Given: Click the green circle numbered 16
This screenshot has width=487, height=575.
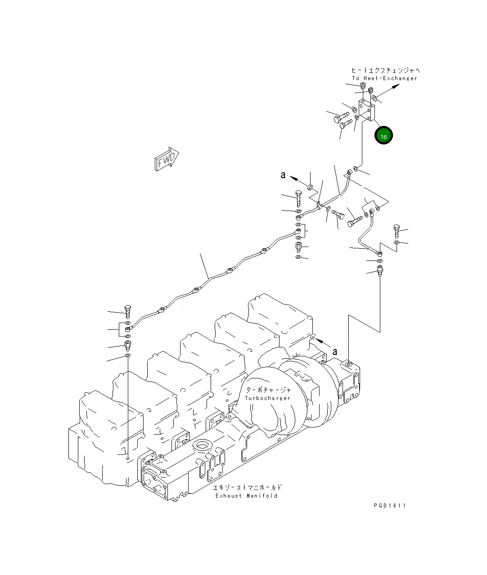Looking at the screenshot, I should tap(383, 136).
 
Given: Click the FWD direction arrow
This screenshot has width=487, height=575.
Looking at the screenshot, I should tap(167, 159).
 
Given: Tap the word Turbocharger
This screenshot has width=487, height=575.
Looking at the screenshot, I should tap(267, 398).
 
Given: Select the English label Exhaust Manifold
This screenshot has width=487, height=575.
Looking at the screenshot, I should tap(246, 496).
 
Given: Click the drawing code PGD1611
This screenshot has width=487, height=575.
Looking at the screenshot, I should tap(389, 506).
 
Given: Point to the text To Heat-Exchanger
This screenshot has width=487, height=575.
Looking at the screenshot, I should tap(384, 78).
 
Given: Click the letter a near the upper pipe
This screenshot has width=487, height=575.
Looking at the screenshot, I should tap(283, 175).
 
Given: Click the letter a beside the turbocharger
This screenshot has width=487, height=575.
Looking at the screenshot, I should tap(334, 351).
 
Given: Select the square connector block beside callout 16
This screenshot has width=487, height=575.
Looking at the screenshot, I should tap(367, 110).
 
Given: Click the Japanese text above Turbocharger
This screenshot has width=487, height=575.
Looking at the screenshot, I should tap(269, 390).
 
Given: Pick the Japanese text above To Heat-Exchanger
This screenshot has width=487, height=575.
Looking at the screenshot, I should tap(386, 70).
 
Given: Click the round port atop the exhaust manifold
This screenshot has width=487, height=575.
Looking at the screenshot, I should tap(201, 447).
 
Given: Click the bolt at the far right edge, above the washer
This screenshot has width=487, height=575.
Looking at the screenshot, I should tap(397, 231).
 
